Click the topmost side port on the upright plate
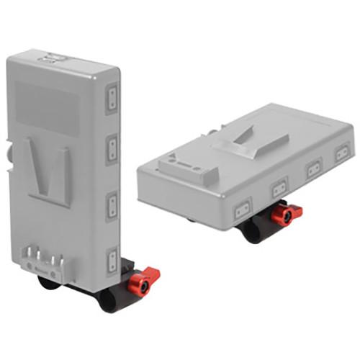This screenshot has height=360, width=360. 112,99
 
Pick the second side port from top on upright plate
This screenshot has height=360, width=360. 112,149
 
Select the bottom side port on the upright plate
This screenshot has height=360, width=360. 112,261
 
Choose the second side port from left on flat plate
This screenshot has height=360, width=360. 278,189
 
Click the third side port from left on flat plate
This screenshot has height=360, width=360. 314,170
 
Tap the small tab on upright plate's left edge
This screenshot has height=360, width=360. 9,154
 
